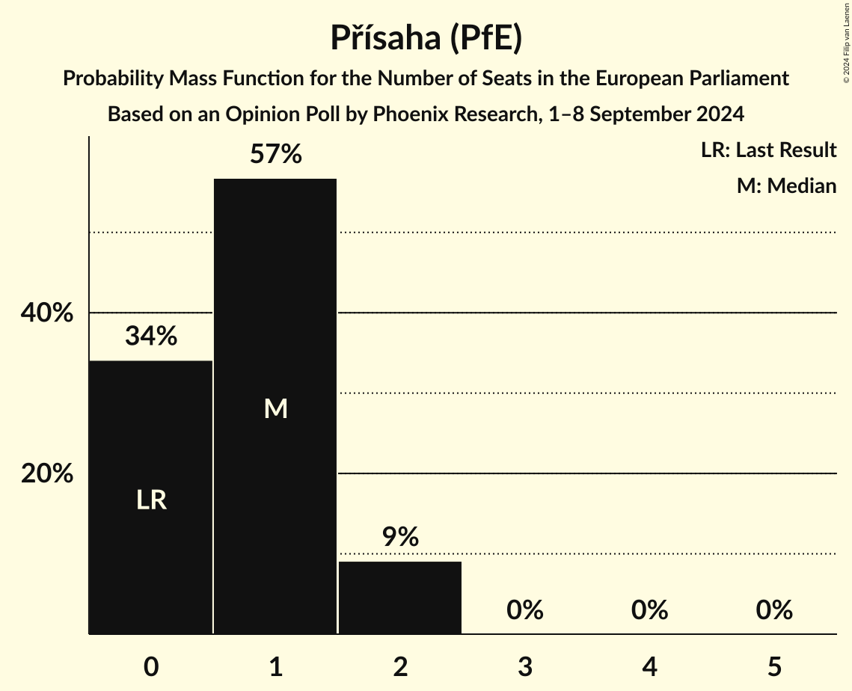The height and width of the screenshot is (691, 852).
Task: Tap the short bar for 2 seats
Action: click(x=400, y=598)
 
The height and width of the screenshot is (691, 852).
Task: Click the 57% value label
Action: click(x=276, y=155)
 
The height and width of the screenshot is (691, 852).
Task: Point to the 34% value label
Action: click(x=151, y=337)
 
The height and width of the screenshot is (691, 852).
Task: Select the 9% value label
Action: click(x=400, y=537)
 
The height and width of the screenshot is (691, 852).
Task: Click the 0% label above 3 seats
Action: click(x=525, y=610)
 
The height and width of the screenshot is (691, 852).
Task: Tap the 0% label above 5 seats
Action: click(x=774, y=610)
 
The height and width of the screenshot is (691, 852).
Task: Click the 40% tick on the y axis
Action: click(x=47, y=313)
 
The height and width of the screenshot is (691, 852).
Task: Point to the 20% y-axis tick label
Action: click(x=47, y=473)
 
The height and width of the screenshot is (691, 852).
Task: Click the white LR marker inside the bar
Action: click(x=151, y=500)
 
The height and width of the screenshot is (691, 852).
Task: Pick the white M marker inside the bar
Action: click(x=276, y=408)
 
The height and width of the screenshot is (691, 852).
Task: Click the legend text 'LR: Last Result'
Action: click(x=768, y=150)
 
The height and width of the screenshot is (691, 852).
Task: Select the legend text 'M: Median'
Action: click(x=786, y=185)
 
